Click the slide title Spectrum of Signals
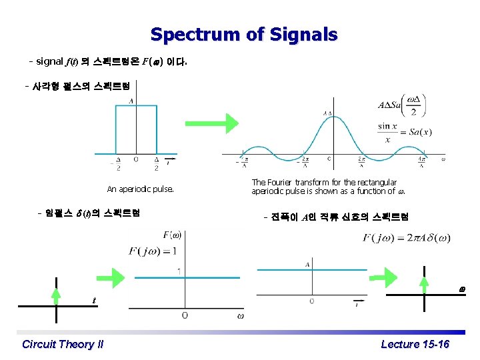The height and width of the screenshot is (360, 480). [244, 35]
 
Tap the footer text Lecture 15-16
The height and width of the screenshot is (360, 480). [415, 344]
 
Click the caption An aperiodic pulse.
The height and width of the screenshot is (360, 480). [140, 189]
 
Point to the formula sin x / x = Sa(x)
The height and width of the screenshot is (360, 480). [405, 133]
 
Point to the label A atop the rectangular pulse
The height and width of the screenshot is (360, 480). [131, 101]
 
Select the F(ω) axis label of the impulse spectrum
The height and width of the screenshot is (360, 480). [172, 235]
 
